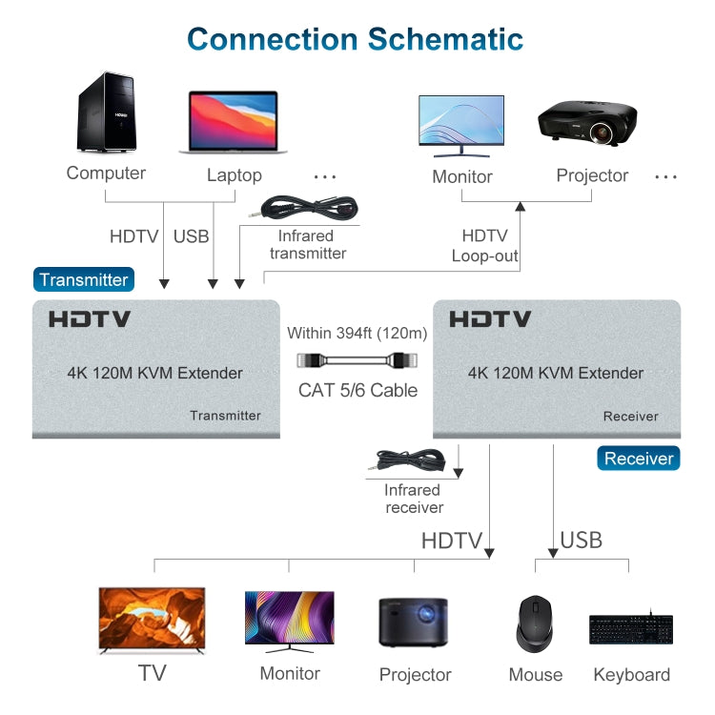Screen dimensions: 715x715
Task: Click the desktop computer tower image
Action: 107,115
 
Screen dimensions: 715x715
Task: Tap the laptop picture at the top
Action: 233,122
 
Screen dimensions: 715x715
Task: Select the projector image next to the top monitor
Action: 587,124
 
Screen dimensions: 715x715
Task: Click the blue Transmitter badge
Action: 84,279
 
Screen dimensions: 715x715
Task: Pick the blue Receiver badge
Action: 639,459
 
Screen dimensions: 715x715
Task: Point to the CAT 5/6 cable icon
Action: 357,361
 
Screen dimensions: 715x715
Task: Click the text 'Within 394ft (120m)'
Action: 357,334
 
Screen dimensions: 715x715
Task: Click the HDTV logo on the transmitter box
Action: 90,320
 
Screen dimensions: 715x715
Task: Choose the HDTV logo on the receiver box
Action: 490,320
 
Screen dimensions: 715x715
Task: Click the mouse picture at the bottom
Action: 535,625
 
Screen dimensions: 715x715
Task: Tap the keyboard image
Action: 630,630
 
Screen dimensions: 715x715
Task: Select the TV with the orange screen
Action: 152,620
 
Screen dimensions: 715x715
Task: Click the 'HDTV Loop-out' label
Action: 484,245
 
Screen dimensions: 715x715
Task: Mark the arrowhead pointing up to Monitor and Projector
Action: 521,205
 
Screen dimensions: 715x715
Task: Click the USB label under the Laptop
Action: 192,236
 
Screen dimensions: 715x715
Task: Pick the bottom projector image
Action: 414,623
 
